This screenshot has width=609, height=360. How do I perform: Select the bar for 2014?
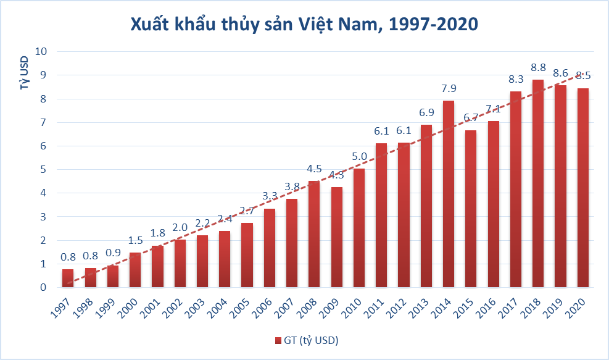click(x=449, y=194)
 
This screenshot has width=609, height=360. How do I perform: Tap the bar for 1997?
click(x=68, y=278)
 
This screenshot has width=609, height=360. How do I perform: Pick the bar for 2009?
click(x=337, y=237)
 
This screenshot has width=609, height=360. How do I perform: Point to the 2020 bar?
click(x=582, y=188)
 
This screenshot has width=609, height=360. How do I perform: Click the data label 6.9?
click(x=426, y=114)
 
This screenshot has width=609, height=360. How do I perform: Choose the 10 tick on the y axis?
click(x=41, y=51)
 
